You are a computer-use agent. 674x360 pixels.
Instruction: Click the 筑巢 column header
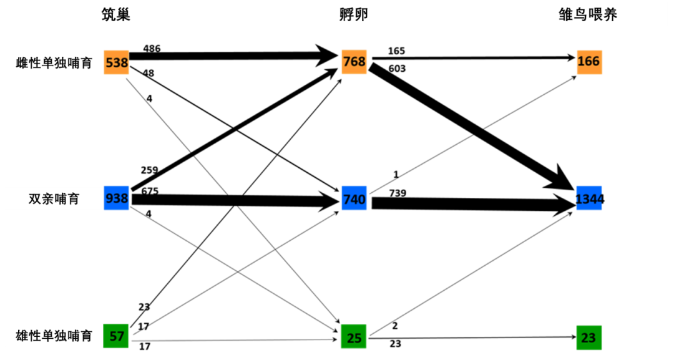116,14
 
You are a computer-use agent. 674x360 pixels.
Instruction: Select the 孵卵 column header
354,14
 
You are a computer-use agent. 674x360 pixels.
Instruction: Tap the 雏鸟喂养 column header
588,14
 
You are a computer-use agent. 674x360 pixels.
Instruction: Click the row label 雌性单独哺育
54,63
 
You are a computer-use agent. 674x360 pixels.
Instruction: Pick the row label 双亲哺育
54,199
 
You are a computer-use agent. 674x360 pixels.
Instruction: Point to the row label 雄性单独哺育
54,336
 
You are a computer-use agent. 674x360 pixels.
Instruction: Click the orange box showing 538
117,62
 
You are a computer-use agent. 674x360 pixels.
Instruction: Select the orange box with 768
354,62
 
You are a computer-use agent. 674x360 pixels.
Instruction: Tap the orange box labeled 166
589,62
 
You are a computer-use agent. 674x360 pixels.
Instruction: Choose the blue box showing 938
117,198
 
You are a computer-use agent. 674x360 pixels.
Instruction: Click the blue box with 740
354,198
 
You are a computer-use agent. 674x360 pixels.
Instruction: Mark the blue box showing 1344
589,198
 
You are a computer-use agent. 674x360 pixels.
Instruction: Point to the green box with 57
116,336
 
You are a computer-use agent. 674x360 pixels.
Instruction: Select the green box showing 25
354,337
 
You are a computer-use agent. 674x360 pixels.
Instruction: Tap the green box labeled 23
589,338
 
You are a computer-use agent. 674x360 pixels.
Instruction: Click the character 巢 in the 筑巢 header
124,14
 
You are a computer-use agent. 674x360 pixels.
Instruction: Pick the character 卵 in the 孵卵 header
361,14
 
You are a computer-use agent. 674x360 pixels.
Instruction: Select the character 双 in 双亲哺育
36,199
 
